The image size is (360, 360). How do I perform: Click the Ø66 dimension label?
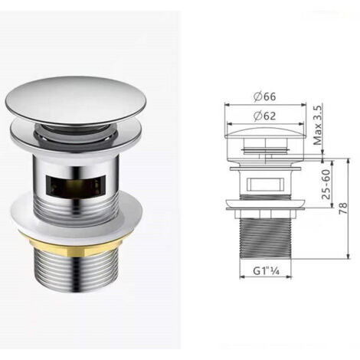(x=265, y=97)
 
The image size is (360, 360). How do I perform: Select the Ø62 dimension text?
(x=265, y=116)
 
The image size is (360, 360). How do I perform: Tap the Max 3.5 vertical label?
(x=318, y=125)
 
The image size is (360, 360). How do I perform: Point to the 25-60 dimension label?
(x=326, y=185)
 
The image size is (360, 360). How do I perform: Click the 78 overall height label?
(x=343, y=208)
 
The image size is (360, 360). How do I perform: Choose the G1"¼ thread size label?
(x=266, y=271)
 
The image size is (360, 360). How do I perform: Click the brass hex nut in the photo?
(x=76, y=246)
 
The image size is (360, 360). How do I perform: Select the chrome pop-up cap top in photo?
(x=77, y=99)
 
